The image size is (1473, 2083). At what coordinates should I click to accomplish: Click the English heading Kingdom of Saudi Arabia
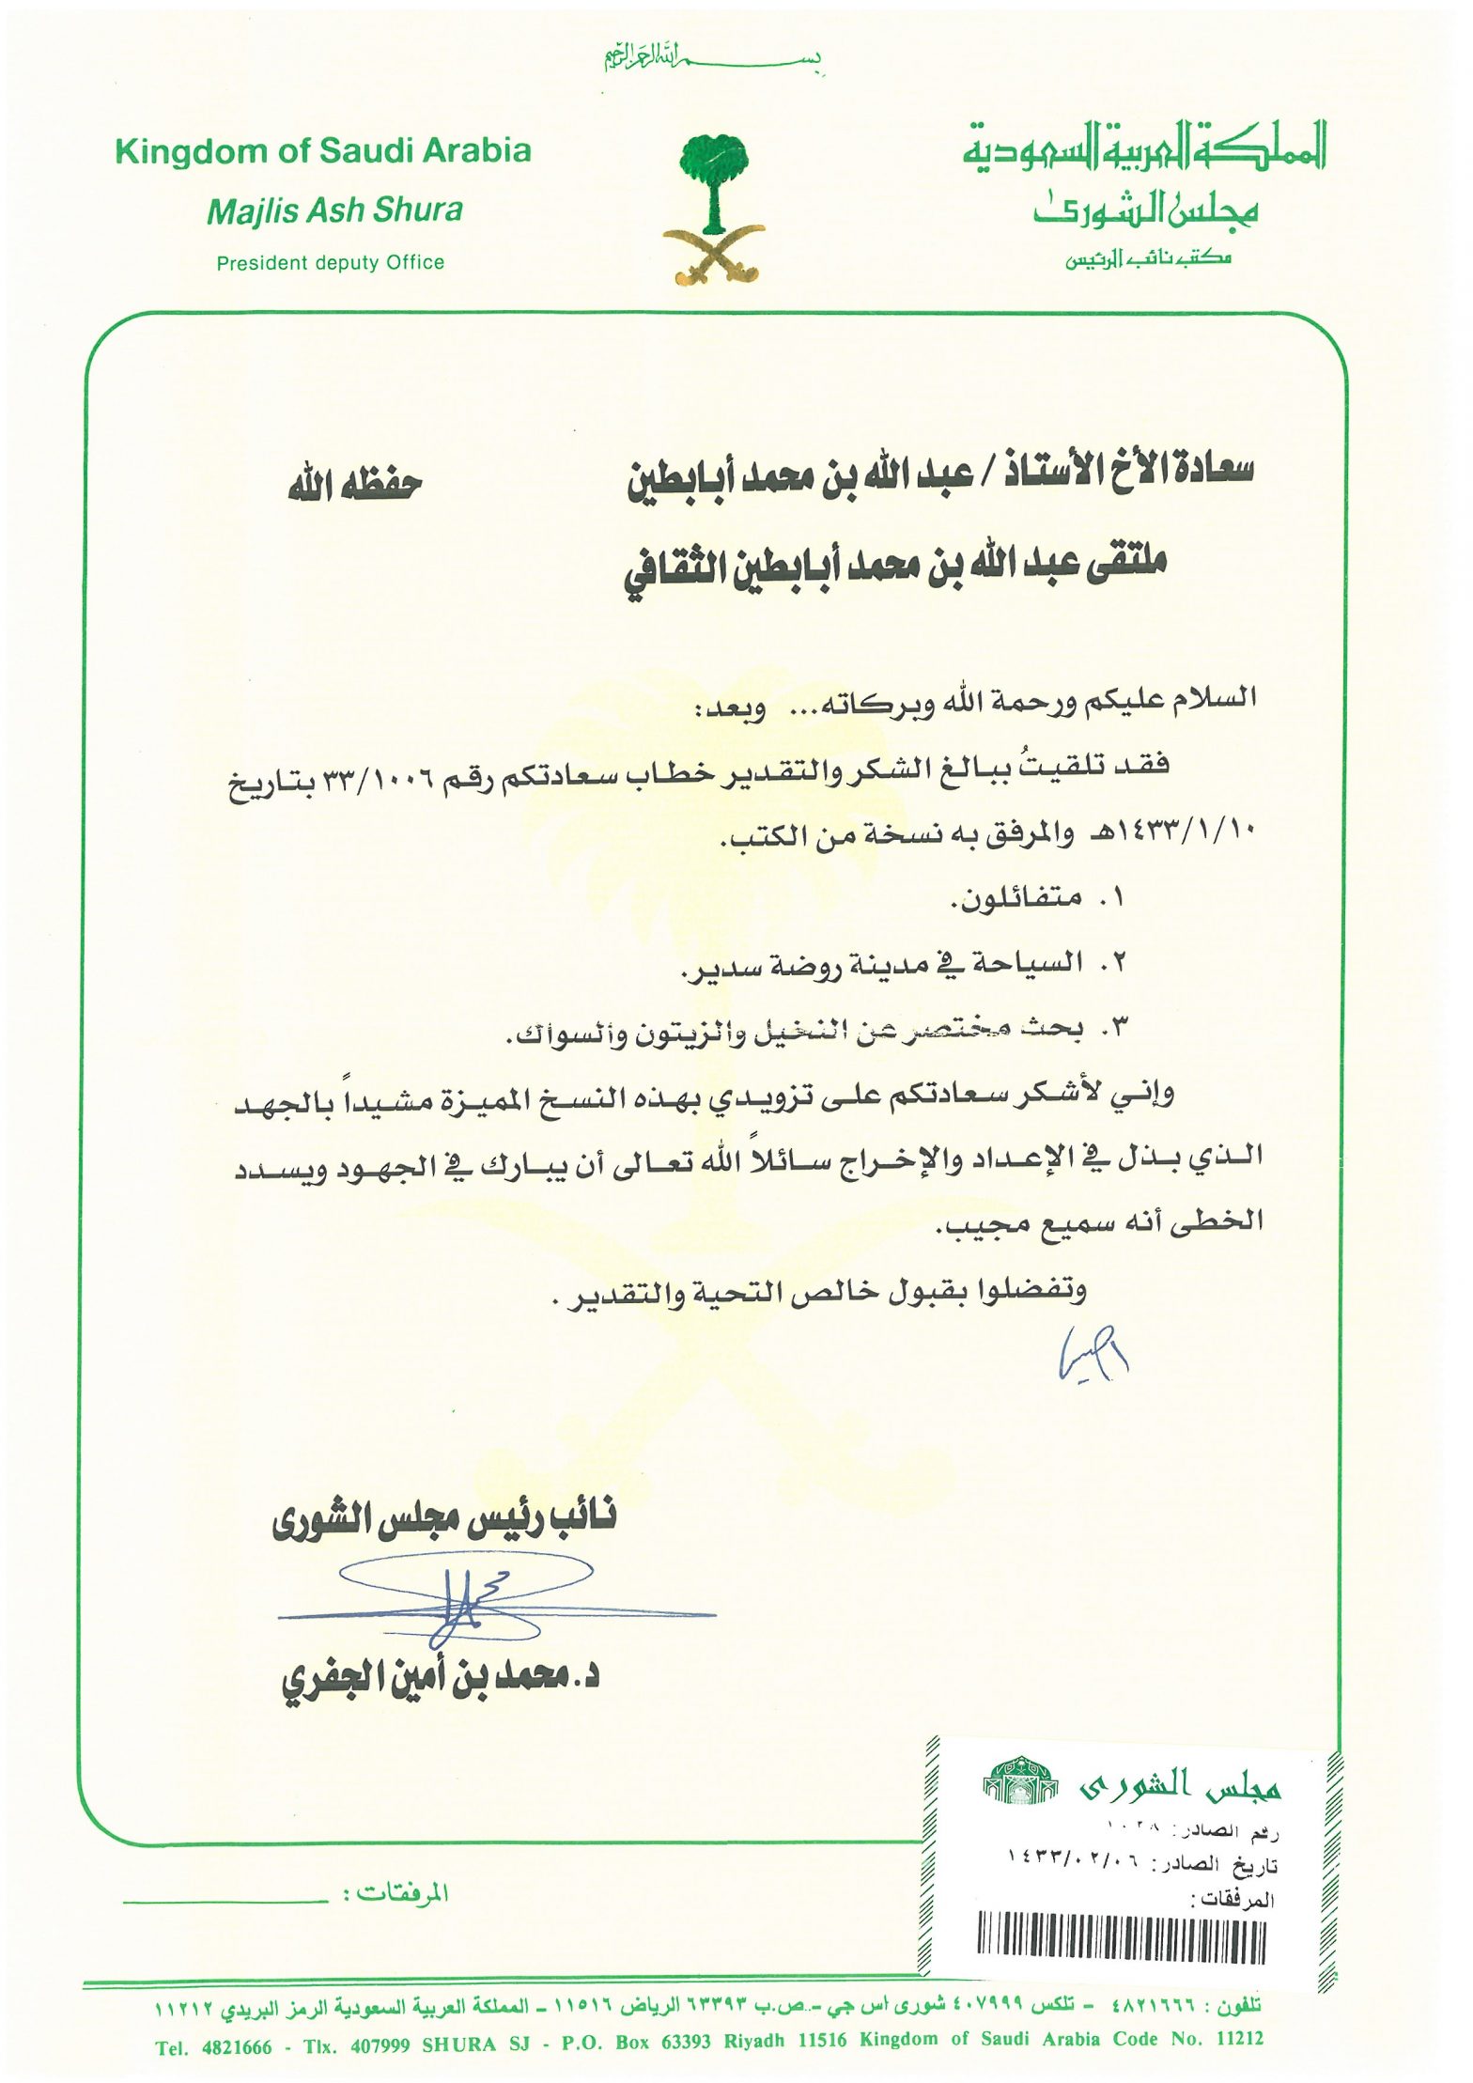coord(322,151)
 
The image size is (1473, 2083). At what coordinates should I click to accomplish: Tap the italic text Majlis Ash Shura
coord(334,210)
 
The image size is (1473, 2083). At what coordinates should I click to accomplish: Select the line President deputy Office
coord(330,263)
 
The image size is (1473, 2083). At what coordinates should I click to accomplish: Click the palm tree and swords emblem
coord(713,209)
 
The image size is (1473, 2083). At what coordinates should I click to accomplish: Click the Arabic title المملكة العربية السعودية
coord(1143,148)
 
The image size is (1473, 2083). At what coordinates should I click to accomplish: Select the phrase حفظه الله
coord(354,486)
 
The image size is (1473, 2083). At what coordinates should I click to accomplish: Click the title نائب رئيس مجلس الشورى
coord(443,1520)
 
